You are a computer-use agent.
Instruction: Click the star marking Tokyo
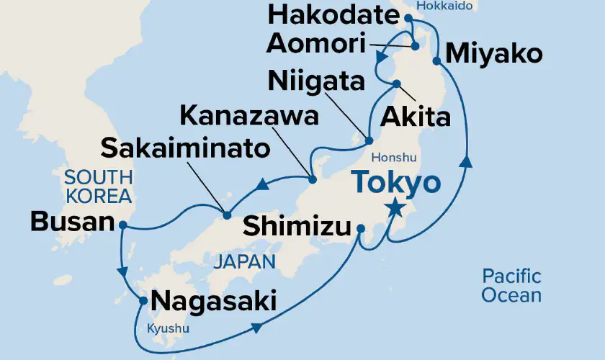point(394,209)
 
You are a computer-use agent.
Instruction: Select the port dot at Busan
point(123,225)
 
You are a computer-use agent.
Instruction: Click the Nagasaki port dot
point(143,302)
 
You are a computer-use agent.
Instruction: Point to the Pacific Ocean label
point(511,285)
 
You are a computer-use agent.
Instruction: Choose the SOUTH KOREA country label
point(98,185)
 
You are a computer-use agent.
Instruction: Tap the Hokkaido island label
point(447,6)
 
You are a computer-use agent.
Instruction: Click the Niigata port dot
point(367,141)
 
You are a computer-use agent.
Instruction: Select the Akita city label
point(420,115)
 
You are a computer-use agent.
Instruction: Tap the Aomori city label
point(315,44)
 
